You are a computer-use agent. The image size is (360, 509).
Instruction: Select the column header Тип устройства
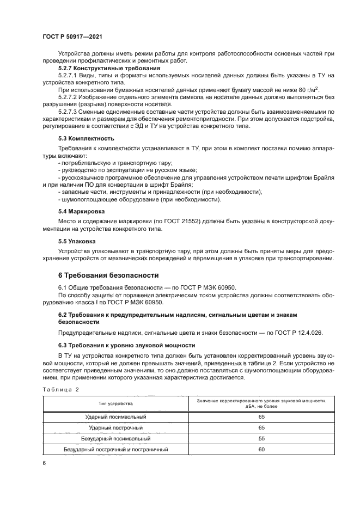coord(115,403)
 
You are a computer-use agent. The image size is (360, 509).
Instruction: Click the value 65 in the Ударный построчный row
coord(261,428)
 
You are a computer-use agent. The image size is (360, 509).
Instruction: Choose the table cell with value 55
coord(261,438)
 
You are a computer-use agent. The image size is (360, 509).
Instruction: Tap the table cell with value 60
coord(261,450)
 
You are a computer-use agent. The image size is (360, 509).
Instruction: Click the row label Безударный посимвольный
coord(115,438)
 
